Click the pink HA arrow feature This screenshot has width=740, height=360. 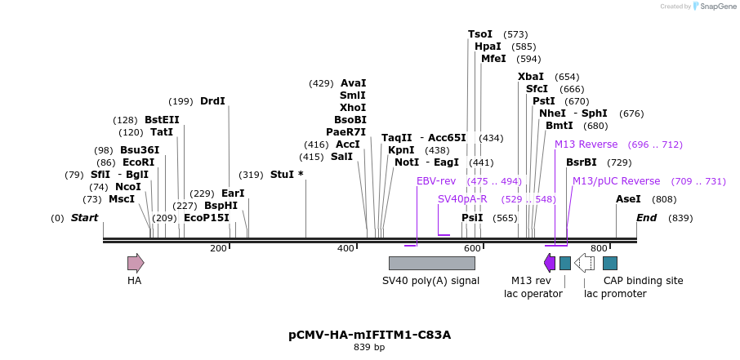coord(136,263)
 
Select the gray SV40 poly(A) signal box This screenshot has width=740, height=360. coord(431,263)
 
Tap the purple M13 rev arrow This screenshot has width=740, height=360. coord(550,263)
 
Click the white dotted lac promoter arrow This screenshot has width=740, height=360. coord(584,263)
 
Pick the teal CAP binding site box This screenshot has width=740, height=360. coord(610,263)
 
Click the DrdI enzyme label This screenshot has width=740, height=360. coord(212,101)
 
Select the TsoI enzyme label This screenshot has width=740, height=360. coord(480,34)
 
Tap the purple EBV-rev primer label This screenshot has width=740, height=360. coord(436,181)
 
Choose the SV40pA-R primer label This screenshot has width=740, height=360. coord(462,199)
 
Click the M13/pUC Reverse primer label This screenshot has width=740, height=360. coord(616,181)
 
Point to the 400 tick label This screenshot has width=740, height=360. coord(346,248)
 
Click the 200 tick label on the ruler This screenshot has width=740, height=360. coord(219,248)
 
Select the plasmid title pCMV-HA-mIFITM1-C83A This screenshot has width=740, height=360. coord(369,335)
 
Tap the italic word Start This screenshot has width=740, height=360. coord(84,218)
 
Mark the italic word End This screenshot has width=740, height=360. coord(646,218)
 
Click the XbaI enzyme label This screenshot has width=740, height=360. coord(531,77)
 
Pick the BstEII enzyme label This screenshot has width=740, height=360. coord(162,120)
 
